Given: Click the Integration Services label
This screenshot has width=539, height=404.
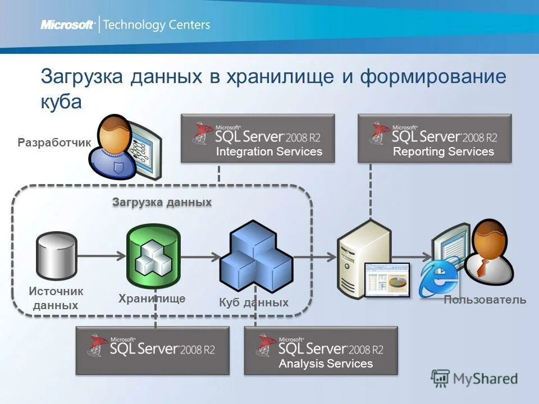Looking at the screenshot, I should (x=269, y=151).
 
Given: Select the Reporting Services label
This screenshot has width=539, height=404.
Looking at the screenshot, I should (x=443, y=151).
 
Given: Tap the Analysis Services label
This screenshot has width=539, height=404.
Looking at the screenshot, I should (x=326, y=364).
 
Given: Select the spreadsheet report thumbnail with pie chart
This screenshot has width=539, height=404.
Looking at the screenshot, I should (x=387, y=279).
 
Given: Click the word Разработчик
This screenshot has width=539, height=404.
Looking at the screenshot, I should (x=54, y=143).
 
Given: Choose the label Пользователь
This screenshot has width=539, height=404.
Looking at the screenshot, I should (x=485, y=300).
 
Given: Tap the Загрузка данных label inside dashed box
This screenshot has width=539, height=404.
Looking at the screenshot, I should (x=162, y=202).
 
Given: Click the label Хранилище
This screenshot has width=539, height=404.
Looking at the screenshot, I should (x=152, y=299).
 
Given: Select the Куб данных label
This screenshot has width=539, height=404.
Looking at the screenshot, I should (x=253, y=302).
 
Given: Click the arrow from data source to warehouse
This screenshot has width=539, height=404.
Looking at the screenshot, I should (x=101, y=256).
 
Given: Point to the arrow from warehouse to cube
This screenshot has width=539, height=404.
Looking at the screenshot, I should (x=200, y=257).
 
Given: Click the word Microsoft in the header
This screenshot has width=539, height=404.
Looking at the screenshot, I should (x=67, y=25).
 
